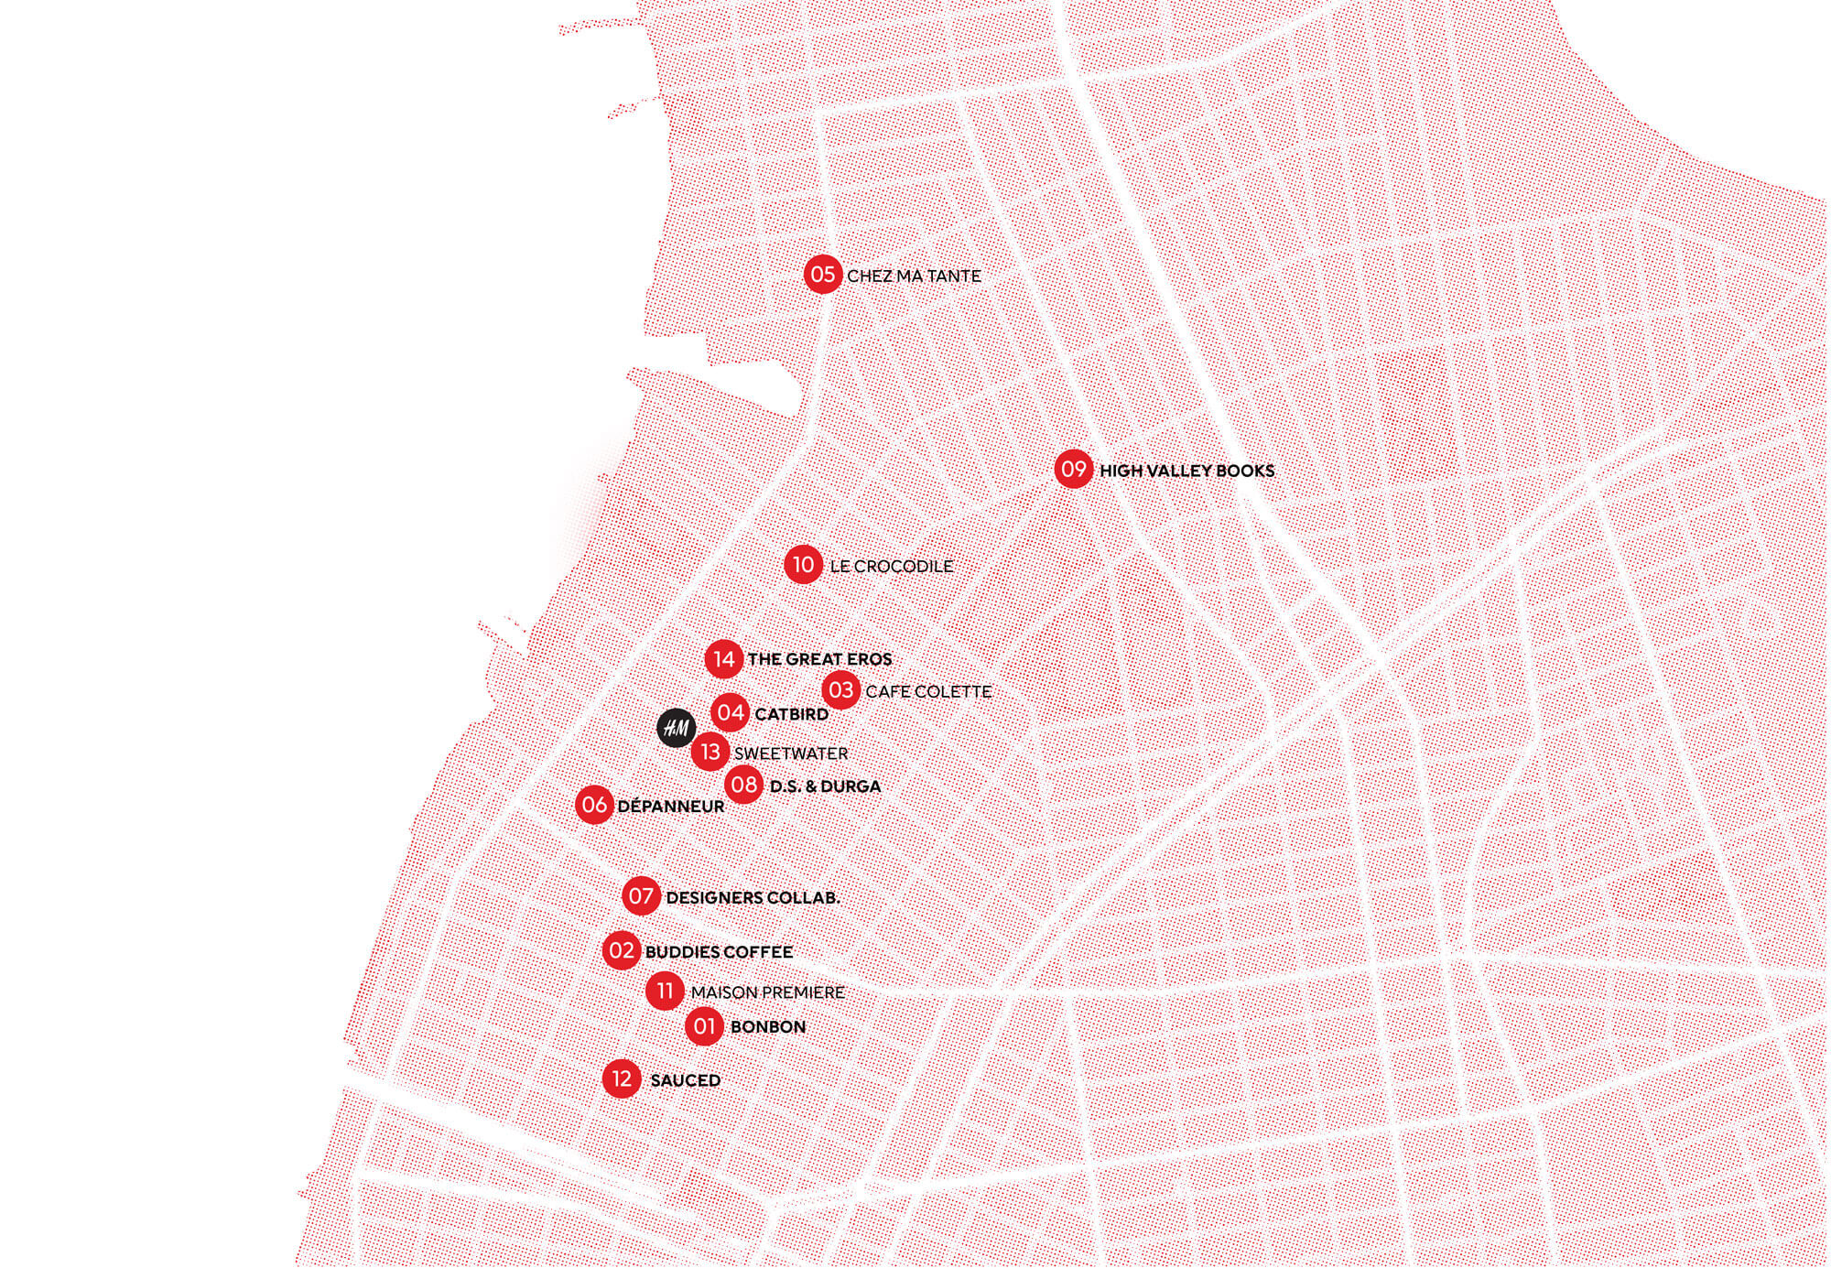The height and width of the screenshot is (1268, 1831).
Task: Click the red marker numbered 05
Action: click(x=822, y=275)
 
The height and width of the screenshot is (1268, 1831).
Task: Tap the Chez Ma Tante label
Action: click(x=914, y=276)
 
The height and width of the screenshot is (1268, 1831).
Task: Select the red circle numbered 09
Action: click(x=1073, y=470)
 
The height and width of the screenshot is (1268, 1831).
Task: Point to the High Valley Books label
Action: click(x=1186, y=471)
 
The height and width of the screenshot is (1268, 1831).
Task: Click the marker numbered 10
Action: click(x=803, y=565)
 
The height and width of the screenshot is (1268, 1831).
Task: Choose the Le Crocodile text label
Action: click(x=891, y=567)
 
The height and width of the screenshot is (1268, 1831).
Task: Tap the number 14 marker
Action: click(x=723, y=659)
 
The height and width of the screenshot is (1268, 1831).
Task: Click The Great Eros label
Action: click(x=819, y=659)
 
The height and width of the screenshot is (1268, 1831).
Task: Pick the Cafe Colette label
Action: click(x=928, y=691)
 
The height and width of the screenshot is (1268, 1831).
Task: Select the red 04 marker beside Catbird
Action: click(x=731, y=713)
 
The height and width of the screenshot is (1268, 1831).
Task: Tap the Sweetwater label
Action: click(x=791, y=753)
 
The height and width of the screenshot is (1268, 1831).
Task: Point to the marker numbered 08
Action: click(x=743, y=785)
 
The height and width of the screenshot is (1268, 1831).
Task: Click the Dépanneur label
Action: click(x=671, y=807)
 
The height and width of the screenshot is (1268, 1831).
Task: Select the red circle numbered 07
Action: click(x=641, y=895)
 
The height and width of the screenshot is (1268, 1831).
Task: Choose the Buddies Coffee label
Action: click(x=719, y=952)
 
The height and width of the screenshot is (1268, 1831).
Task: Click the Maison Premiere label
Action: click(x=767, y=992)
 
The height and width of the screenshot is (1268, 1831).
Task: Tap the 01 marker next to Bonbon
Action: click(x=704, y=1026)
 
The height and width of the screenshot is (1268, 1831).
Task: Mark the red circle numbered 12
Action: click(x=622, y=1079)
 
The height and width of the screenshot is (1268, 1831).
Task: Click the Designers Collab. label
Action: click(x=753, y=898)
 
